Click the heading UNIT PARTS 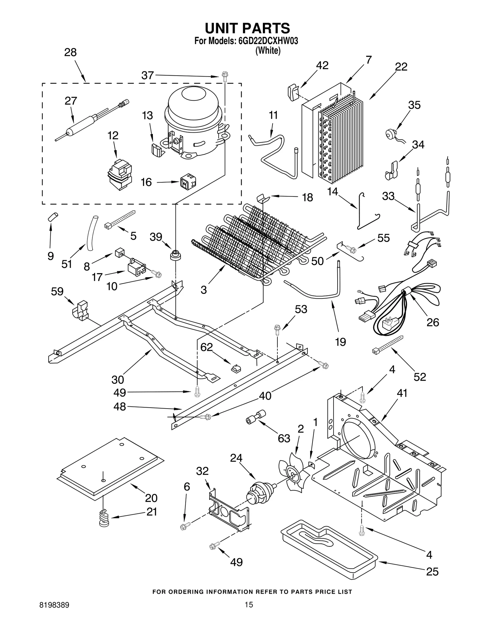[247, 28]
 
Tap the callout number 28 [70, 52]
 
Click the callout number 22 [401, 67]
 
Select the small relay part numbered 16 [188, 183]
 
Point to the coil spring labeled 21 [104, 518]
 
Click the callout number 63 [284, 438]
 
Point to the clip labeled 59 [80, 310]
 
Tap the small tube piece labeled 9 [53, 217]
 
